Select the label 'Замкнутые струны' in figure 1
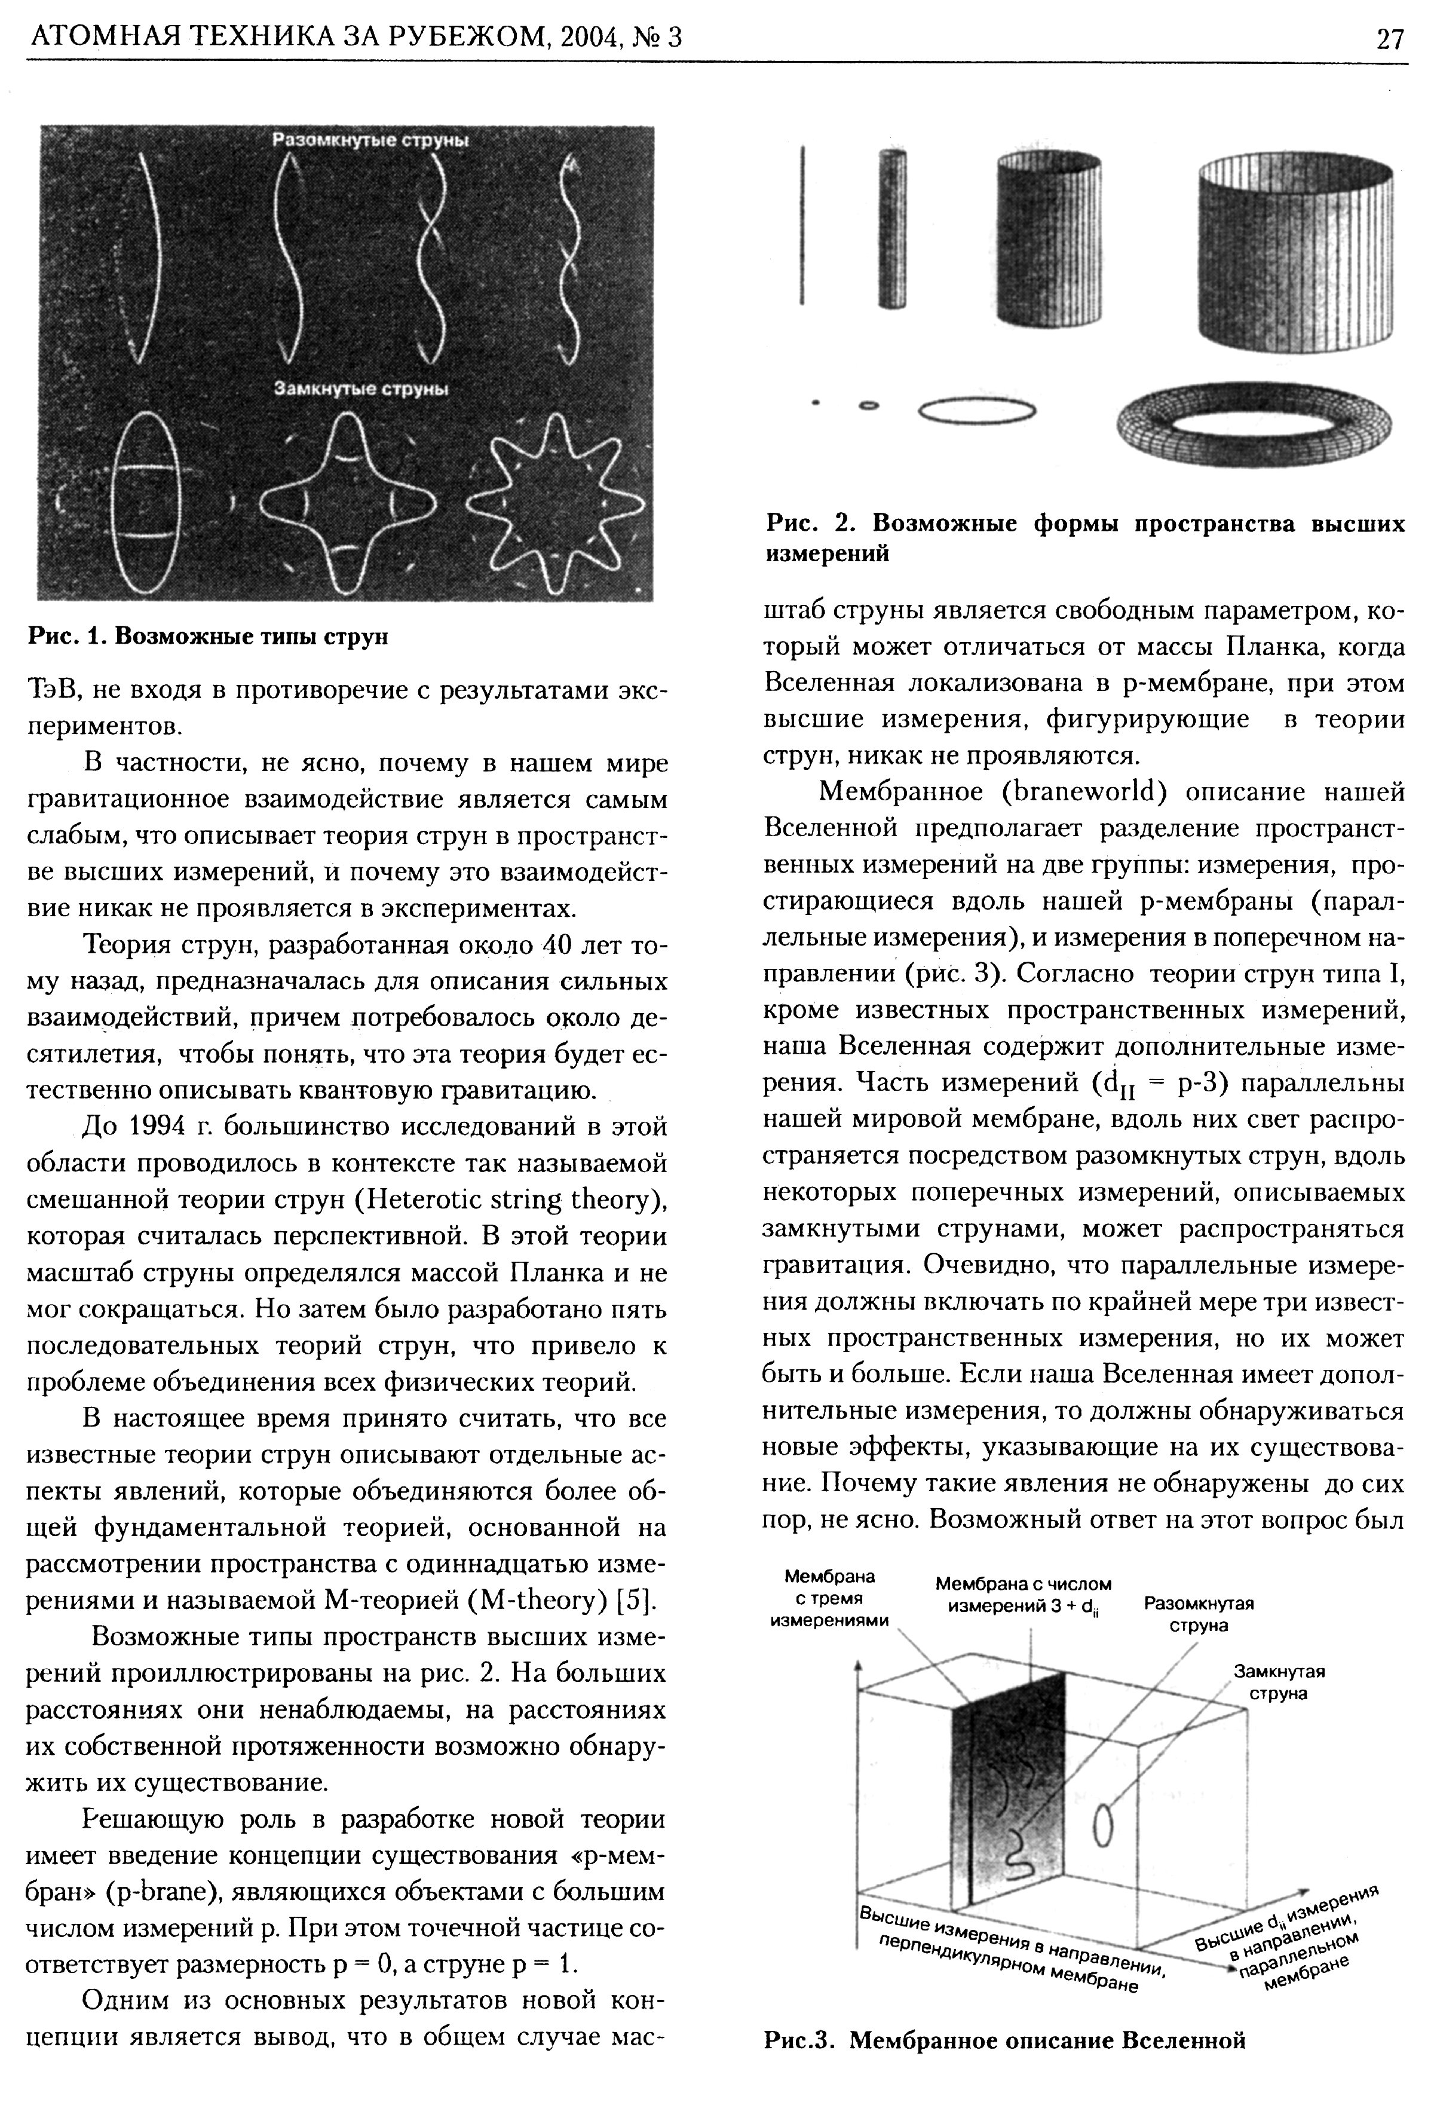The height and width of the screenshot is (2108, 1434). (362, 389)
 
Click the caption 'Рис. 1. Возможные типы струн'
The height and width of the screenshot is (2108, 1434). (208, 637)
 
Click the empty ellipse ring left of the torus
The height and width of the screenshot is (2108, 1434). (977, 411)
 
